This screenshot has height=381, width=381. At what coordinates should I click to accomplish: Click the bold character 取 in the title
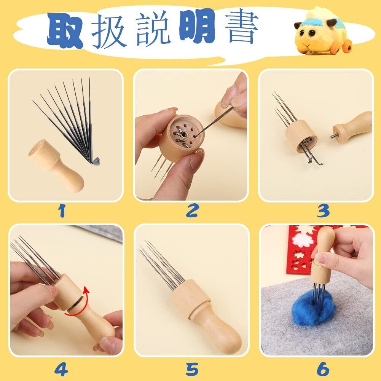pos(65,30)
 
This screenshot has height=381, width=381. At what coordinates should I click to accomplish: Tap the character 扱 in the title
pos(109,31)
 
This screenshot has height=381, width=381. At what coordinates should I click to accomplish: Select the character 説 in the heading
pos(152,30)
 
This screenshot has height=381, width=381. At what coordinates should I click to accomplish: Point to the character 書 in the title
pos(241,26)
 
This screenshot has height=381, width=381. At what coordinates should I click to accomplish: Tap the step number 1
pos(62,210)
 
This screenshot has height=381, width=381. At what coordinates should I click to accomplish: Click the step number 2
pos(193,210)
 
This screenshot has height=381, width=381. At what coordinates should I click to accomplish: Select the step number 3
pos(323,210)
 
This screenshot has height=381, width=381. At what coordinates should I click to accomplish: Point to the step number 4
pos(61,369)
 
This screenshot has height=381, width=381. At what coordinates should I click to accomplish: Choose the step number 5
pos(192,369)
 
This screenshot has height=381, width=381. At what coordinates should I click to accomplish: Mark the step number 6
pos(323,369)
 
